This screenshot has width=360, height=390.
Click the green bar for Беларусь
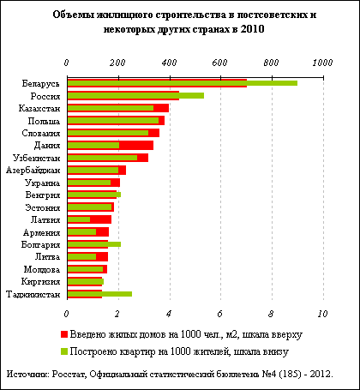click(x=183, y=83)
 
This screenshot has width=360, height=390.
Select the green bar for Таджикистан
click(x=99, y=294)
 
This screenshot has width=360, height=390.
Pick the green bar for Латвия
click(x=79, y=219)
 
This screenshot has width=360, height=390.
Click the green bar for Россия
click(x=135, y=96)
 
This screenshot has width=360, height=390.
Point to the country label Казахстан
click(x=39, y=109)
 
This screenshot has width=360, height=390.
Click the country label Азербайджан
click(x=33, y=171)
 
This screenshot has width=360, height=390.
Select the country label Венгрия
click(x=43, y=195)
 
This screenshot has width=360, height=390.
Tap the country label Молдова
click(x=42, y=269)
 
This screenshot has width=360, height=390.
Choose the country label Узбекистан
click(x=37, y=158)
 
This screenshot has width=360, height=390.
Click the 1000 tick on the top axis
click(x=322, y=63)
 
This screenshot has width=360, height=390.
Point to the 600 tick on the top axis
click(x=220, y=63)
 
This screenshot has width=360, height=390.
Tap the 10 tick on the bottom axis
click(x=322, y=314)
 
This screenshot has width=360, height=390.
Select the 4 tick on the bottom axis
click(x=169, y=314)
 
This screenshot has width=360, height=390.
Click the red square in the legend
click(x=64, y=334)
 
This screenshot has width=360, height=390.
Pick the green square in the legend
click(x=64, y=351)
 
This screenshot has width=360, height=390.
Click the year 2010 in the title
click(x=252, y=29)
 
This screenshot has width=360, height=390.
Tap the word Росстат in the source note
click(x=69, y=374)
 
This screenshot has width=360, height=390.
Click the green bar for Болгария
click(x=94, y=244)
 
